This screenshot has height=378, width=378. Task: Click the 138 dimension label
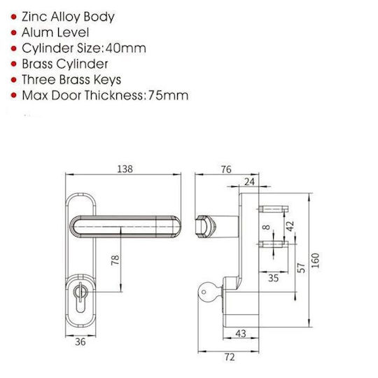pos(125,169)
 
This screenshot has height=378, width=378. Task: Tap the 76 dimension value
pos(226,169)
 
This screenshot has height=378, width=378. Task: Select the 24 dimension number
pos(249,181)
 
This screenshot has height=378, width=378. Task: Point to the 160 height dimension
pos(315,260)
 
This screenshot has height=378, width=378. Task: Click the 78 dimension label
pos(115,260)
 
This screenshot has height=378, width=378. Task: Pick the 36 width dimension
pos(80,342)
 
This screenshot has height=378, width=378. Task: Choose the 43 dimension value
pos(241,334)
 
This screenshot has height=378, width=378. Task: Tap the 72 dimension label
pos(230,357)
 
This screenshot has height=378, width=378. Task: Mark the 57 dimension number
pos(301,268)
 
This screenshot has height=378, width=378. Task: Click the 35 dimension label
pos(274,278)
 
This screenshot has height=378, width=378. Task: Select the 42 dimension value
pos(290,226)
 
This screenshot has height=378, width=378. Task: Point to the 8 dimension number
pos(266,227)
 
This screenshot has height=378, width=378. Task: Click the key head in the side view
pos(206,292)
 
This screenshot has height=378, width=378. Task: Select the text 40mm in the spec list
pos(125,48)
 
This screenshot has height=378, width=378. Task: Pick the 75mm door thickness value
pos(168,95)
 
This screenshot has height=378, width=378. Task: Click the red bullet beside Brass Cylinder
pos(14,64)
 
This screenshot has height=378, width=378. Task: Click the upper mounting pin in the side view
pos(274,209)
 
